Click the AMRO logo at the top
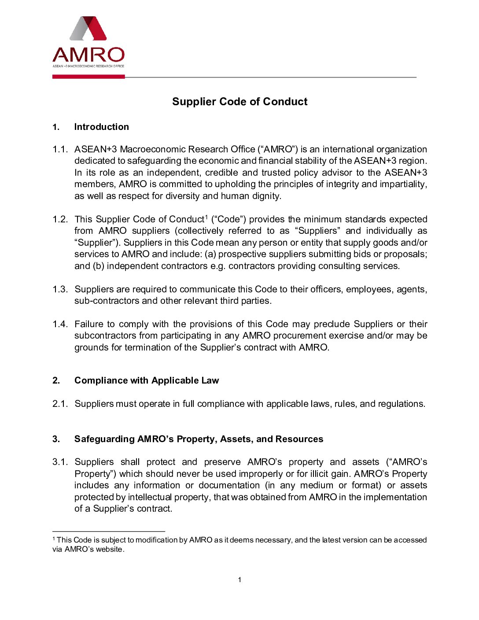click(x=88, y=42)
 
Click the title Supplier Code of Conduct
click(x=239, y=102)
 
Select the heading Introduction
click(x=101, y=127)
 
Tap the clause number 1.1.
click(x=60, y=149)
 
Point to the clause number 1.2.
click(x=60, y=219)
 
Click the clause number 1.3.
click(x=60, y=289)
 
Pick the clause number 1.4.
click(x=60, y=324)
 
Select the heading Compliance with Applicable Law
click(x=146, y=380)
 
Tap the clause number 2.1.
click(x=60, y=404)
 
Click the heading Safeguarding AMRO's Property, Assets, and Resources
click(x=199, y=439)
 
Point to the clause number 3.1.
click(x=60, y=462)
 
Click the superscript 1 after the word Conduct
click(x=206, y=217)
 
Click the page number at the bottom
click(x=239, y=580)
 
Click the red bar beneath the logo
click(x=88, y=77)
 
